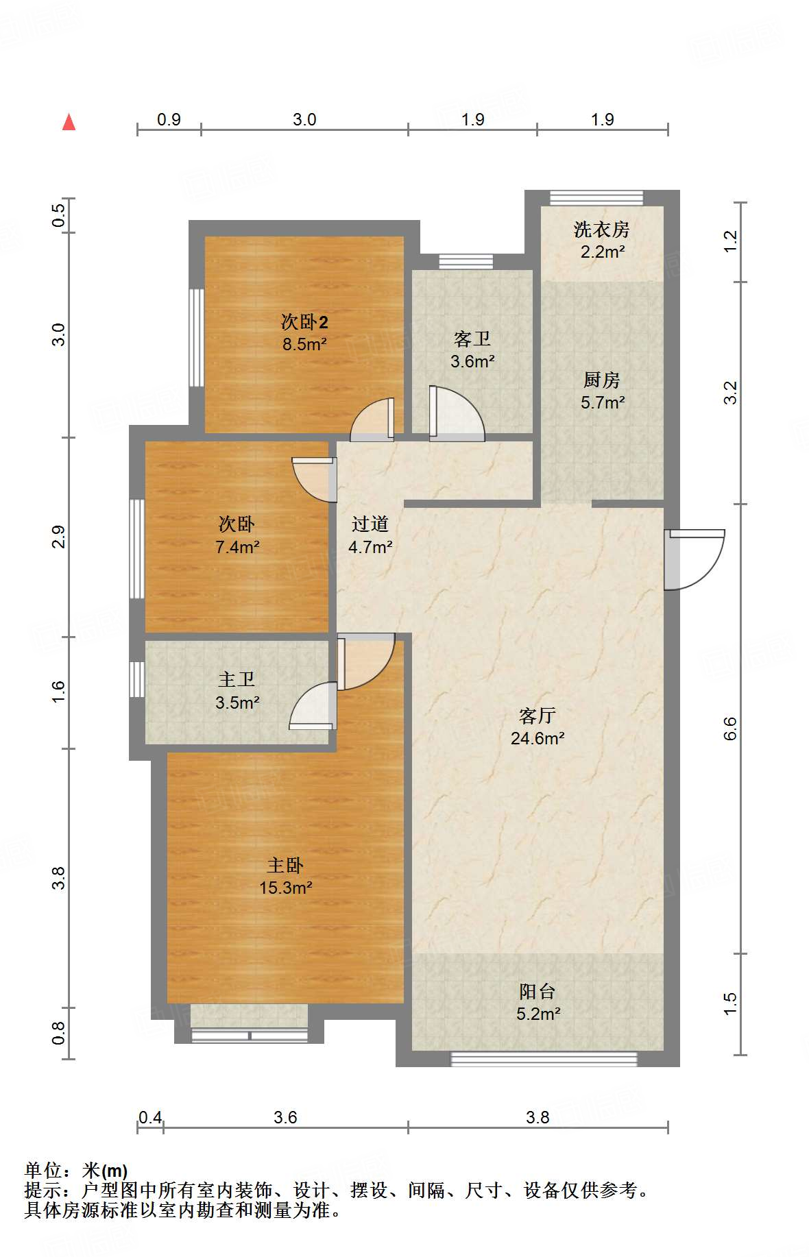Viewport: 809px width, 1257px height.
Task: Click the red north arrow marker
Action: (x=69, y=122)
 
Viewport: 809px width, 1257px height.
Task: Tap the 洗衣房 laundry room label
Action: (x=601, y=229)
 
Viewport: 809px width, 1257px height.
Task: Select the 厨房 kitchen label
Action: (x=601, y=379)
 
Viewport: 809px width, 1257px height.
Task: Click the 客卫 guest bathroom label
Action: (x=472, y=339)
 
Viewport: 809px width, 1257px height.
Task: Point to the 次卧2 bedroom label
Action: (x=304, y=321)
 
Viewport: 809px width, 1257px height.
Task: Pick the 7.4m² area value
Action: (x=237, y=547)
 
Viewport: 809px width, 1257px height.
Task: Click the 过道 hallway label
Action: (x=370, y=524)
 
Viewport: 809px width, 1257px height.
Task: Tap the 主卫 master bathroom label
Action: (x=237, y=679)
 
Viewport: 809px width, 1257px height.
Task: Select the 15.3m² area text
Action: (x=286, y=888)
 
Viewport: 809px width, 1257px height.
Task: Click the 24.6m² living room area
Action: (x=538, y=738)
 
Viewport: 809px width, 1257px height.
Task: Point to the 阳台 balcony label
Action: (x=538, y=991)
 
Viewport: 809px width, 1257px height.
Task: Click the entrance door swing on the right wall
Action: (x=694, y=559)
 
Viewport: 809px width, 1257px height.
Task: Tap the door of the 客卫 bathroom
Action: (x=457, y=413)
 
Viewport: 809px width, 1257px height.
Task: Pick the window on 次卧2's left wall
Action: (x=197, y=337)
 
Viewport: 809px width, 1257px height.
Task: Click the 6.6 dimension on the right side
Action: (x=730, y=728)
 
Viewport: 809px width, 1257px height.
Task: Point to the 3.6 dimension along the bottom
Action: (x=285, y=1117)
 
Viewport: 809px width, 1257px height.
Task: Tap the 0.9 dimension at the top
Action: (x=169, y=119)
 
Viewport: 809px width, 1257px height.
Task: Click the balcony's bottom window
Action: (x=544, y=1059)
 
